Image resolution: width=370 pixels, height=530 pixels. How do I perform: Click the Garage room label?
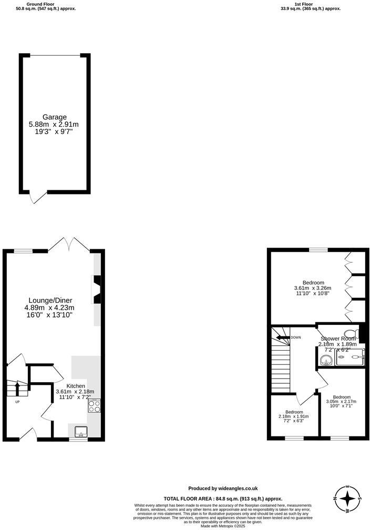point(55,117)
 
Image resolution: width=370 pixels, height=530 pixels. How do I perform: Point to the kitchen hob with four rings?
point(95,405)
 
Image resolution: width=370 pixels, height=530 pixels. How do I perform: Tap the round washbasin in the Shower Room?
point(325,360)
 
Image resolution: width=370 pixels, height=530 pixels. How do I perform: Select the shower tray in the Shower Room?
point(350,357)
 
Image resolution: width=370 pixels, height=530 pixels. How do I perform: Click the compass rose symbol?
point(347,498)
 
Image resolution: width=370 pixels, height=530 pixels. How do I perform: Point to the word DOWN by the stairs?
point(295,338)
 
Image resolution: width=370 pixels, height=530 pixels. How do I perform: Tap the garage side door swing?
point(38,197)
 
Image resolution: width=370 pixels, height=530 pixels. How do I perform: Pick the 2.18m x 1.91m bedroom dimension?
point(294,416)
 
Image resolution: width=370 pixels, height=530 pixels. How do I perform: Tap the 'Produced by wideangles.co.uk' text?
point(223,488)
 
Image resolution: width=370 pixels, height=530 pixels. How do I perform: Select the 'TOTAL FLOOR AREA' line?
point(223,498)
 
